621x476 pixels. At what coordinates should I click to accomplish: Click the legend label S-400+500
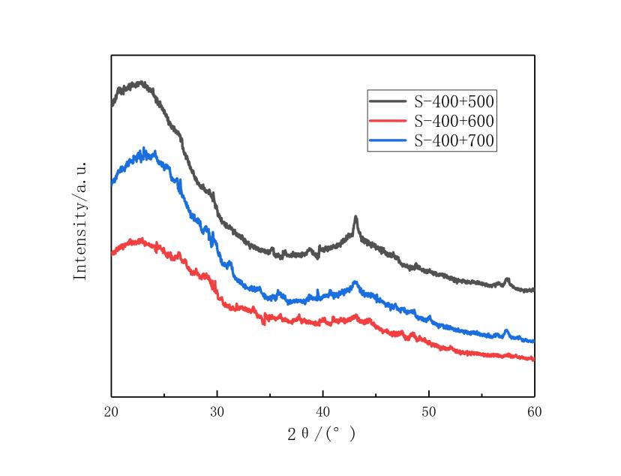[454, 101]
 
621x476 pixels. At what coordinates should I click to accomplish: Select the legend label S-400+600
[454, 120]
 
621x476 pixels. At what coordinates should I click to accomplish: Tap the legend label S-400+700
[454, 140]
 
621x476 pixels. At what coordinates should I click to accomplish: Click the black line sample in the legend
[388, 101]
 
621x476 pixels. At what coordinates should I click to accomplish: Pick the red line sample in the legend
[388, 120]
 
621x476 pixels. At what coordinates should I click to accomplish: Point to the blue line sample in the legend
[388, 140]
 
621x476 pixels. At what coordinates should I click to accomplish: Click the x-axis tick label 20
[112, 412]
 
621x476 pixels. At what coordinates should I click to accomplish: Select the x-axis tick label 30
[217, 412]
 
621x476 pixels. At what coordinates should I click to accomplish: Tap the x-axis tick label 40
[323, 412]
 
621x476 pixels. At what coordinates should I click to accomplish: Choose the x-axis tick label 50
[429, 412]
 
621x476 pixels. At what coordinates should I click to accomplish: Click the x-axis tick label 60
[534, 412]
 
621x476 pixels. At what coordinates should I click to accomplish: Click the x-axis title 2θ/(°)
[322, 434]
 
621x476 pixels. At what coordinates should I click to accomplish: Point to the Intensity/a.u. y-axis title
[80, 221]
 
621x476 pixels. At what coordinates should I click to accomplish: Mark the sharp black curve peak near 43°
[355, 217]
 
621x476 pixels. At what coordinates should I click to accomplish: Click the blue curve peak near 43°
[355, 282]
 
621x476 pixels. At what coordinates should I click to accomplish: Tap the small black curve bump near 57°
[508, 279]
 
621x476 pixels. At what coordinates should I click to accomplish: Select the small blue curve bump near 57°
[507, 330]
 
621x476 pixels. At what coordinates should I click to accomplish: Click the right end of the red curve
[533, 359]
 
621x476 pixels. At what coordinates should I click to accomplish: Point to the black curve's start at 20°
[112, 104]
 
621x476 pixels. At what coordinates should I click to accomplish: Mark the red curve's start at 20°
[112, 253]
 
